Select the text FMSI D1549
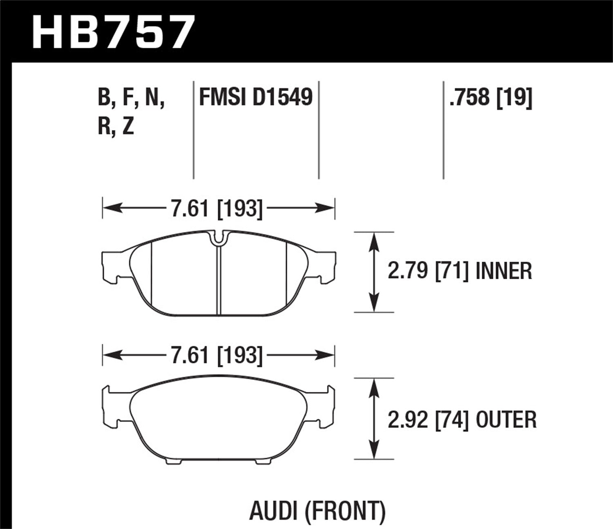click(255, 97)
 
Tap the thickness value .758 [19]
click(490, 97)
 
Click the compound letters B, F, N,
click(131, 97)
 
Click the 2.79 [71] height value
click(427, 271)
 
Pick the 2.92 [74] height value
click(427, 420)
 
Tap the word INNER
click(504, 271)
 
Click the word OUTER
click(506, 420)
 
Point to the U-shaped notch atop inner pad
click(219, 239)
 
